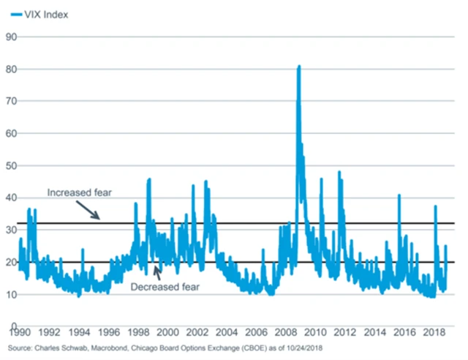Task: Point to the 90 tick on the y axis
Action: click(12, 37)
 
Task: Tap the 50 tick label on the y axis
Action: click(12, 165)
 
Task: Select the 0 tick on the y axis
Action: click(14, 326)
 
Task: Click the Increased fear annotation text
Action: click(78, 193)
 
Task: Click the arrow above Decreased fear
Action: click(157, 271)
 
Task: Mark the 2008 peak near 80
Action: click(298, 67)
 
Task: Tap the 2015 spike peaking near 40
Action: click(399, 195)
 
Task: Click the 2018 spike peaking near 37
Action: click(436, 206)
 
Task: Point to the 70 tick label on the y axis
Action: click(12, 101)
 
